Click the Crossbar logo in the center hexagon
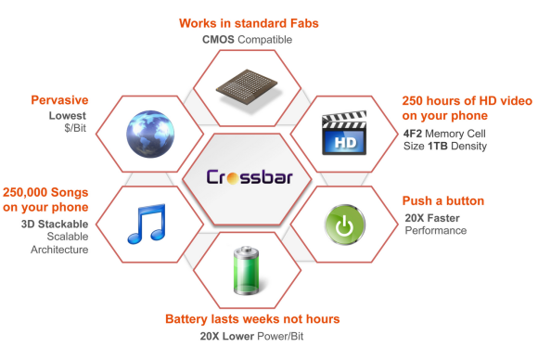[x=250, y=176]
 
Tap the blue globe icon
[x=150, y=134]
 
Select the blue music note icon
[x=147, y=224]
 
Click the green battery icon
[x=247, y=270]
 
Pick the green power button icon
[x=345, y=225]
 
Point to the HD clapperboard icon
[x=344, y=133]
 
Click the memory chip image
[x=247, y=87]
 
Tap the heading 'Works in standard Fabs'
[x=249, y=23]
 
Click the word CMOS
[x=218, y=40]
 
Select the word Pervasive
[x=59, y=100]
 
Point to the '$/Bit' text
[x=75, y=128]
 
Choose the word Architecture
[x=59, y=250]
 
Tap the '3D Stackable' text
[x=55, y=225]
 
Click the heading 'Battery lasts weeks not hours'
[x=252, y=319]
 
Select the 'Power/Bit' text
[x=280, y=336]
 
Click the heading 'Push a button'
[x=443, y=200]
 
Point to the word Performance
[x=436, y=230]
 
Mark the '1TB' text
[x=438, y=146]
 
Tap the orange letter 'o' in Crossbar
[x=233, y=179]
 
